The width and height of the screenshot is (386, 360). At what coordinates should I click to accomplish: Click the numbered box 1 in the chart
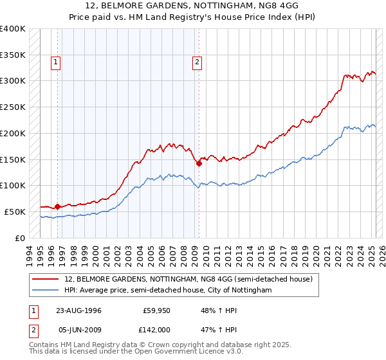56,62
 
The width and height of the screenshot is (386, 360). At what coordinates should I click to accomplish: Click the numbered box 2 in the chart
197,62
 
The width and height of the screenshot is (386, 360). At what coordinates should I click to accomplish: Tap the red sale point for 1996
57,206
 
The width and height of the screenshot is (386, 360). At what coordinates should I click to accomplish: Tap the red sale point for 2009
199,163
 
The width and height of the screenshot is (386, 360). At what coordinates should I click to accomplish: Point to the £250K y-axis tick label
13,107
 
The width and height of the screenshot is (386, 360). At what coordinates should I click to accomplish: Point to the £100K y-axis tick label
13,185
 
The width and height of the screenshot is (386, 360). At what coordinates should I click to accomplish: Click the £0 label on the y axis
20,238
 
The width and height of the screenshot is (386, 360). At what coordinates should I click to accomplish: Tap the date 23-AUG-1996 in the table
79,310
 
